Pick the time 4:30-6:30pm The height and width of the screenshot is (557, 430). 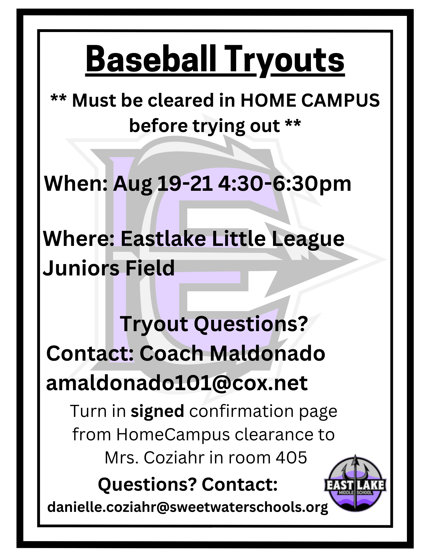coord(285,184)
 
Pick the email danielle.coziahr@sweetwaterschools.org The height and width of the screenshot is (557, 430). coord(188,507)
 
